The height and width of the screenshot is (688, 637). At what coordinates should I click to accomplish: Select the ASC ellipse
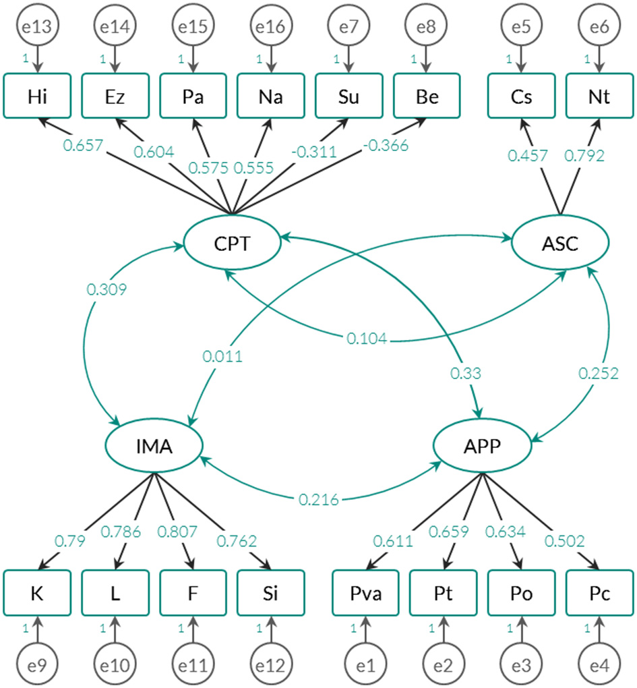click(x=560, y=243)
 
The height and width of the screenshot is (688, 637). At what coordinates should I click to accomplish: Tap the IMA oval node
click(x=154, y=446)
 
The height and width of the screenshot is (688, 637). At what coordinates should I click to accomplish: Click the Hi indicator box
click(x=37, y=97)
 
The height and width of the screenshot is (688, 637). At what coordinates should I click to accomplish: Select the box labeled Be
click(x=426, y=97)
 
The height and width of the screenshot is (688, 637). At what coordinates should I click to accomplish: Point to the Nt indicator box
click(x=599, y=97)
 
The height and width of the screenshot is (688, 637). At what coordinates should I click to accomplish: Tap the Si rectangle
click(x=270, y=593)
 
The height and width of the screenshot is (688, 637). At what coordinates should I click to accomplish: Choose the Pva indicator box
click(x=365, y=593)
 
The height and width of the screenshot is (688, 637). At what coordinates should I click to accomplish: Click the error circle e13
click(x=37, y=27)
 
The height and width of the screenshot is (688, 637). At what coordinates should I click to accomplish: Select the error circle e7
click(x=348, y=27)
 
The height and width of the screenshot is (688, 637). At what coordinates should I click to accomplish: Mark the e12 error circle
click(x=270, y=665)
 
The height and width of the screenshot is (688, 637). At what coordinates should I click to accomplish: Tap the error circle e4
click(x=599, y=665)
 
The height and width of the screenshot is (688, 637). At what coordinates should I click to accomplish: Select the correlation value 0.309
click(x=107, y=289)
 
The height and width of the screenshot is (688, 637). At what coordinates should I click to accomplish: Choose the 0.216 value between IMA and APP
click(x=319, y=499)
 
